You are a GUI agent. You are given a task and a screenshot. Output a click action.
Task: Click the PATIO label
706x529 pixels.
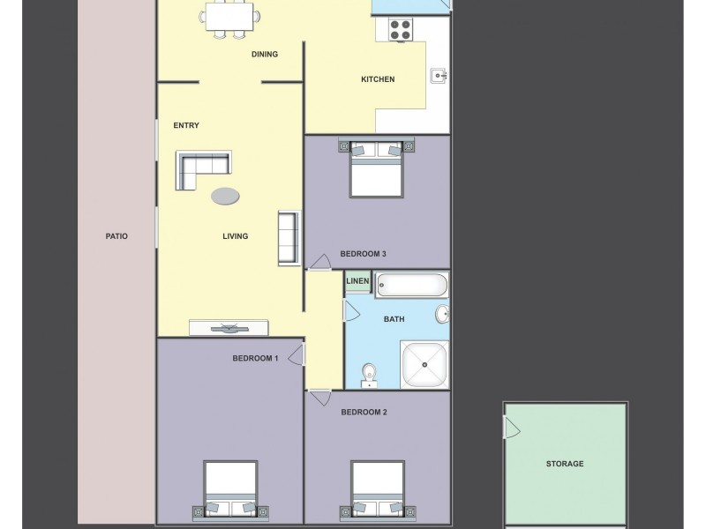click(x=116, y=236)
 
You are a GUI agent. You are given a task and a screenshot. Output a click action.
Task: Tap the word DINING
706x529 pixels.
click(x=264, y=55)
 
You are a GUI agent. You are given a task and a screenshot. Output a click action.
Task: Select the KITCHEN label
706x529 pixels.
click(x=377, y=80)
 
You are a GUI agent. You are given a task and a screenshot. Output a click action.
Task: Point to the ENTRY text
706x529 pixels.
click(x=185, y=125)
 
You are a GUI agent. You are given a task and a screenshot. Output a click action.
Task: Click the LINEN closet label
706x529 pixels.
click(x=357, y=282)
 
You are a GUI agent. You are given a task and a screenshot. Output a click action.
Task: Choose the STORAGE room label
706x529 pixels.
click(x=564, y=464)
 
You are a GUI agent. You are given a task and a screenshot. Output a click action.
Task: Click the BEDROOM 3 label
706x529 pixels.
click(x=363, y=254)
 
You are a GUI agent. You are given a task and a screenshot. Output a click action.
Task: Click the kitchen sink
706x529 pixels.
click(x=439, y=75)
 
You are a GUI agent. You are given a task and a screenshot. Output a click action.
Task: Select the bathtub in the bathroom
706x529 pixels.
click(x=411, y=285)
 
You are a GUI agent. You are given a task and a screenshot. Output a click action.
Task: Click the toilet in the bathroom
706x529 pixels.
click(x=370, y=375)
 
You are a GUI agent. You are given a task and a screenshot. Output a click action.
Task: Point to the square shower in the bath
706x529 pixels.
click(x=424, y=364)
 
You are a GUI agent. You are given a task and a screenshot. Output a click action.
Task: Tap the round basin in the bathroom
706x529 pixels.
click(x=441, y=315)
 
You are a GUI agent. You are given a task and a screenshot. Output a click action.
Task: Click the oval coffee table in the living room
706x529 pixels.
click(x=224, y=196)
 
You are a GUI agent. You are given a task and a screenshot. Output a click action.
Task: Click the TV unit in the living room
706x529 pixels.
click(x=229, y=328)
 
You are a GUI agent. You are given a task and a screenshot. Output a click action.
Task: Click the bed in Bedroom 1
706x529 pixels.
click(x=230, y=490)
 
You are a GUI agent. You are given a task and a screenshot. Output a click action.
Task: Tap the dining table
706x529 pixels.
click(x=230, y=15)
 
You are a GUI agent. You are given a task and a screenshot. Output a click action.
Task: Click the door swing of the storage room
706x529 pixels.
click(x=511, y=428)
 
